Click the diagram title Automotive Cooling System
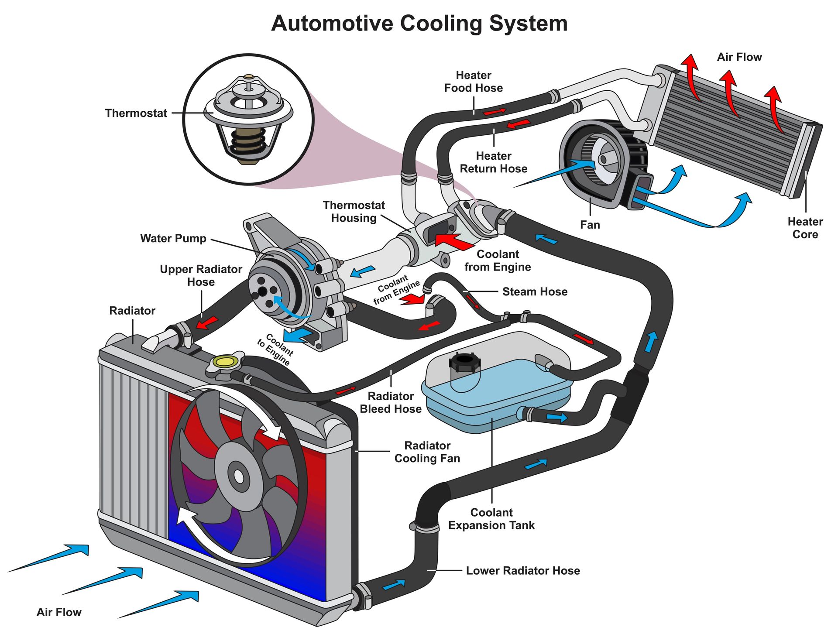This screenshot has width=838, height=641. point(419,24)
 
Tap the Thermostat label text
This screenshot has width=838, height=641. point(136,113)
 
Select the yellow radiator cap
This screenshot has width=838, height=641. point(225,361)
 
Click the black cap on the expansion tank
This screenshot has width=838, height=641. point(464,362)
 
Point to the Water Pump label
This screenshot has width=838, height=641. point(173,239)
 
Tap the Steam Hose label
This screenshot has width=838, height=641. point(535,292)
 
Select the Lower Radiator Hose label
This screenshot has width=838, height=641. point(522,571)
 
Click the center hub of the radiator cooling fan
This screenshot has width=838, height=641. point(238,476)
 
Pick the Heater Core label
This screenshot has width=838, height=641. point(805,228)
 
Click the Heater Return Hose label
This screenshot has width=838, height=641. point(493,162)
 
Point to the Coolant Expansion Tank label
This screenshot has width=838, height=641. point(491,519)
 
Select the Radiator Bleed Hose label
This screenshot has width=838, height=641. point(390,403)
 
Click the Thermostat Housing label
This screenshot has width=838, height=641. point(354,212)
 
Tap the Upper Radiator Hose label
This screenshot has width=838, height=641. point(201,276)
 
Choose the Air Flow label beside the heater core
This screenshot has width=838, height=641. point(739,57)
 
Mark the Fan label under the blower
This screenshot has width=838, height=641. point(590,225)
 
